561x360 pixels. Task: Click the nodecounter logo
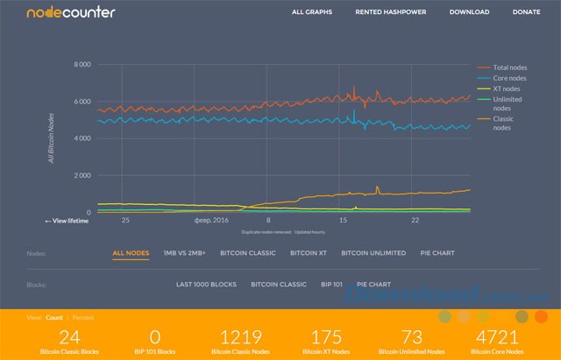coord(58,13)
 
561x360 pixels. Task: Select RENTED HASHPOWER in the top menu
coord(390,12)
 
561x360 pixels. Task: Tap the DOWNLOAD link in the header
coord(469,12)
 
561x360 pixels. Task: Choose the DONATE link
coord(526,12)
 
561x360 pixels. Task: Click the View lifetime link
coord(67,221)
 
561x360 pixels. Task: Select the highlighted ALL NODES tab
coord(131,253)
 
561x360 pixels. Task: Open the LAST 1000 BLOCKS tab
coord(206,285)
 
